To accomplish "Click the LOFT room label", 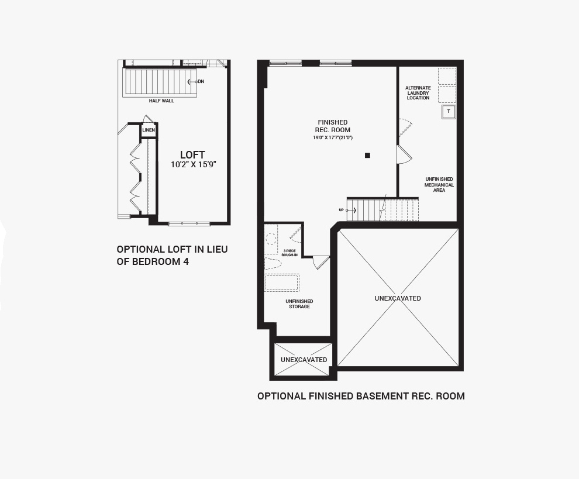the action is (x=192, y=155).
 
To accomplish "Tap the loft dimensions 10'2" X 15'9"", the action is (x=193, y=165).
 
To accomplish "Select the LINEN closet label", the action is (x=149, y=130).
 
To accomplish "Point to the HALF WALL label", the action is (x=161, y=101).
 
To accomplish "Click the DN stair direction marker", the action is (x=196, y=82).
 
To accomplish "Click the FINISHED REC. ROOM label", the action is (x=332, y=126).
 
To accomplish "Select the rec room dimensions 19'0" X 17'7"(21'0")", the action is (x=333, y=138).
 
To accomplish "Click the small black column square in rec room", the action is (x=367, y=156).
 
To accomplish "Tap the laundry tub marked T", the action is (x=449, y=112).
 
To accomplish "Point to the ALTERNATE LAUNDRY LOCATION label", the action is (x=418, y=92).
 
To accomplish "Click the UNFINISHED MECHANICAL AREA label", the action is (x=439, y=185).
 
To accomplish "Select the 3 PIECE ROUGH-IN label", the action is (x=289, y=253).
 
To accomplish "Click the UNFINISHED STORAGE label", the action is (x=299, y=304).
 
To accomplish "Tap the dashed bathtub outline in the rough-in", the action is (x=282, y=282).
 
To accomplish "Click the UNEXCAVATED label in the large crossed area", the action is (x=398, y=298).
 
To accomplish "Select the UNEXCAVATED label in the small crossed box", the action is (x=304, y=360).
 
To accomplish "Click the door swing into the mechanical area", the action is (x=404, y=154).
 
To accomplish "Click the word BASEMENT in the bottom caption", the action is (x=382, y=396).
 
